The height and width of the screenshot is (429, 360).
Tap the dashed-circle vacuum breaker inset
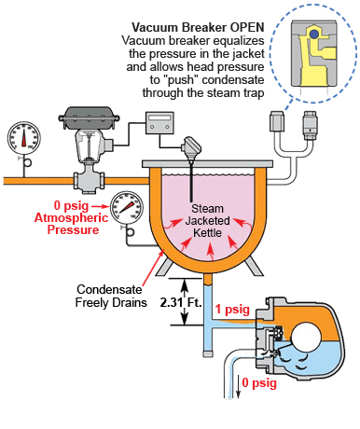313,60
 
